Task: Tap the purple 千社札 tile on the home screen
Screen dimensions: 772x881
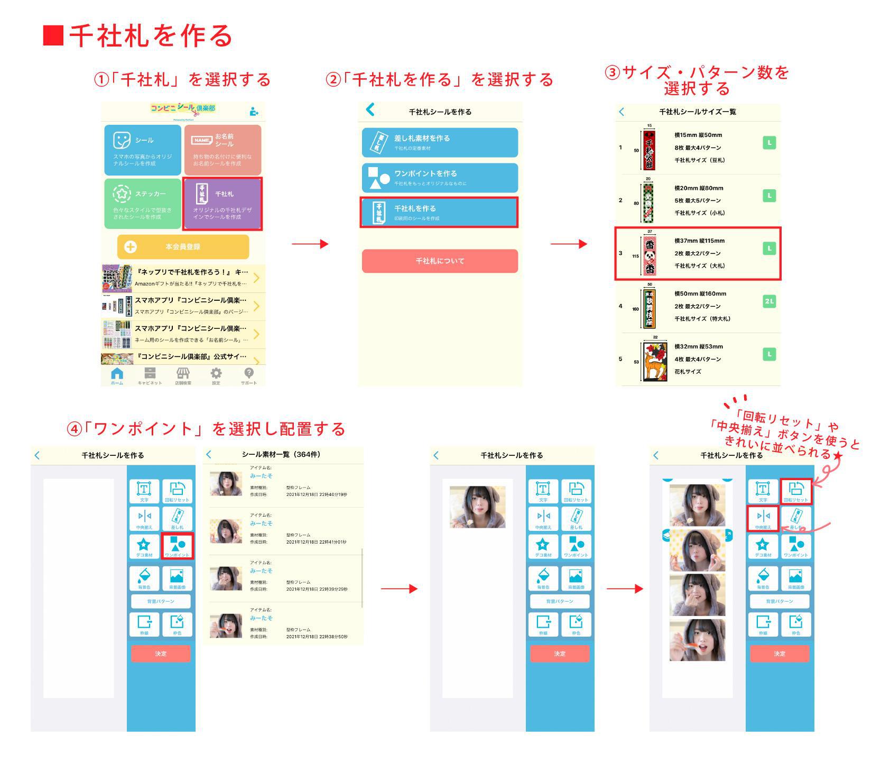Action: click(222, 204)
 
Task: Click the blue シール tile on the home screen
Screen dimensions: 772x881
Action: click(143, 150)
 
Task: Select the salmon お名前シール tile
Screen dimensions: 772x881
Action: click(222, 150)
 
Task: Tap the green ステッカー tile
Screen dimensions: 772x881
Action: click(143, 204)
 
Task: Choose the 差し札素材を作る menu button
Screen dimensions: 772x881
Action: click(440, 142)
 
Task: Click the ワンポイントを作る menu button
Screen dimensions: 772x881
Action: click(440, 178)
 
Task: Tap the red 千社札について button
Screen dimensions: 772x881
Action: click(440, 261)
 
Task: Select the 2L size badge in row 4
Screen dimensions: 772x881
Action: click(769, 301)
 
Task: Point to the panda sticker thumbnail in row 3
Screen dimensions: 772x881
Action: click(650, 256)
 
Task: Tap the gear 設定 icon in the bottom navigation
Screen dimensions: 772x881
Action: click(216, 374)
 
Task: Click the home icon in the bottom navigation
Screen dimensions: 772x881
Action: click(117, 374)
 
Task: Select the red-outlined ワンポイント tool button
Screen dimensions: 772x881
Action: click(178, 546)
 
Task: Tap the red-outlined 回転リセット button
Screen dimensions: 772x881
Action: click(796, 491)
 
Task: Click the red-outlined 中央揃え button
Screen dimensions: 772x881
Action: click(763, 518)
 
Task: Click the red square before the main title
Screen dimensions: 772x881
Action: click(53, 35)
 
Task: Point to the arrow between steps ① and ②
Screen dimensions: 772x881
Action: click(310, 244)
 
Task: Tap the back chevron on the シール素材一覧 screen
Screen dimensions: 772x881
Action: click(209, 455)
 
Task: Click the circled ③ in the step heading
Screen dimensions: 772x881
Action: click(612, 72)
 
